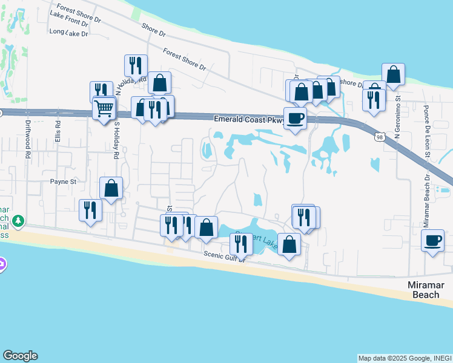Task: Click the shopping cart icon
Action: [104, 110]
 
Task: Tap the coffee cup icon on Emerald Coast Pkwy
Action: [295, 117]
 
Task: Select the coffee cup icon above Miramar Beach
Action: [432, 240]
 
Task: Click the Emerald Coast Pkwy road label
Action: [249, 120]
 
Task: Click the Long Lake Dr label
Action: [68, 33]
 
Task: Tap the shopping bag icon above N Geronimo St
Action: [393, 74]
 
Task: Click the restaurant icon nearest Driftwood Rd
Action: [90, 210]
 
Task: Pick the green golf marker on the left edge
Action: [19, 221]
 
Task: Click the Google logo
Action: [20, 356]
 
